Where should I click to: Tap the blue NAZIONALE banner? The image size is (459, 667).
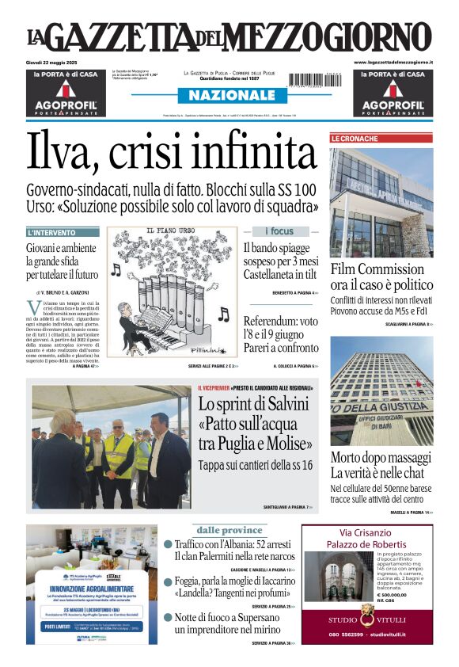(229, 95)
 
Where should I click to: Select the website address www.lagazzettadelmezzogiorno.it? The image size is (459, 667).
(393, 62)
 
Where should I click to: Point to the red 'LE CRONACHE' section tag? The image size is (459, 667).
(355, 139)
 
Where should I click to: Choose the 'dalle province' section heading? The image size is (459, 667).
(230, 530)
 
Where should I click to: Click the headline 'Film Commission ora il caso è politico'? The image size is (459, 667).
(381, 276)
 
